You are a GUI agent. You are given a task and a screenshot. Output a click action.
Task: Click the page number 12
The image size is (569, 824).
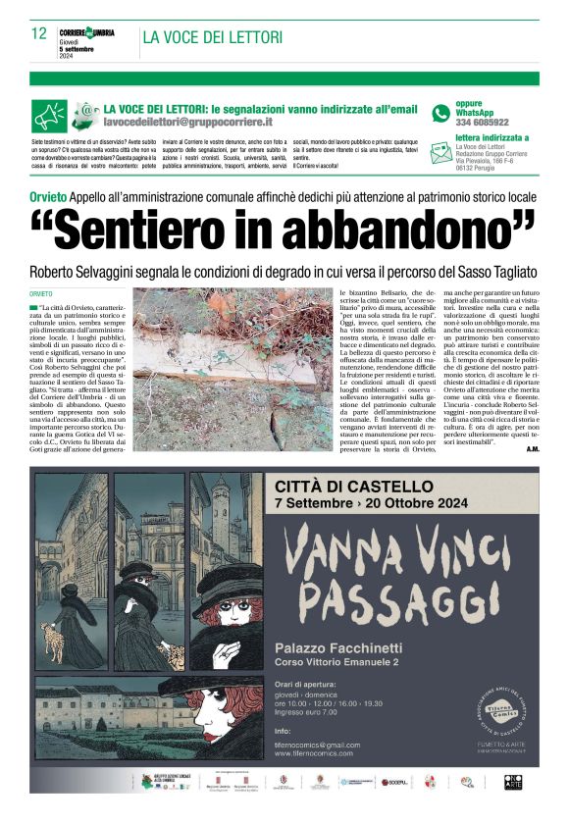coord(39,34)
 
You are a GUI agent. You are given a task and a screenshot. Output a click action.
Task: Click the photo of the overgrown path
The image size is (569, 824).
coord(233,369)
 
